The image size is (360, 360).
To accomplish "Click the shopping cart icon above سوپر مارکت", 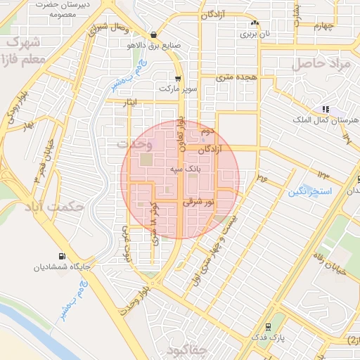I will pos(179,79).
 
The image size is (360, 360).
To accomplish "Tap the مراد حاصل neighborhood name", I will pos(321,63).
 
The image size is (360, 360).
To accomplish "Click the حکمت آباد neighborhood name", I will pos(53,207).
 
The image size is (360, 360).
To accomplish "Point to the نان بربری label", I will pos(255,33).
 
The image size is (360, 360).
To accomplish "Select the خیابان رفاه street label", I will pos(347,264).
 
